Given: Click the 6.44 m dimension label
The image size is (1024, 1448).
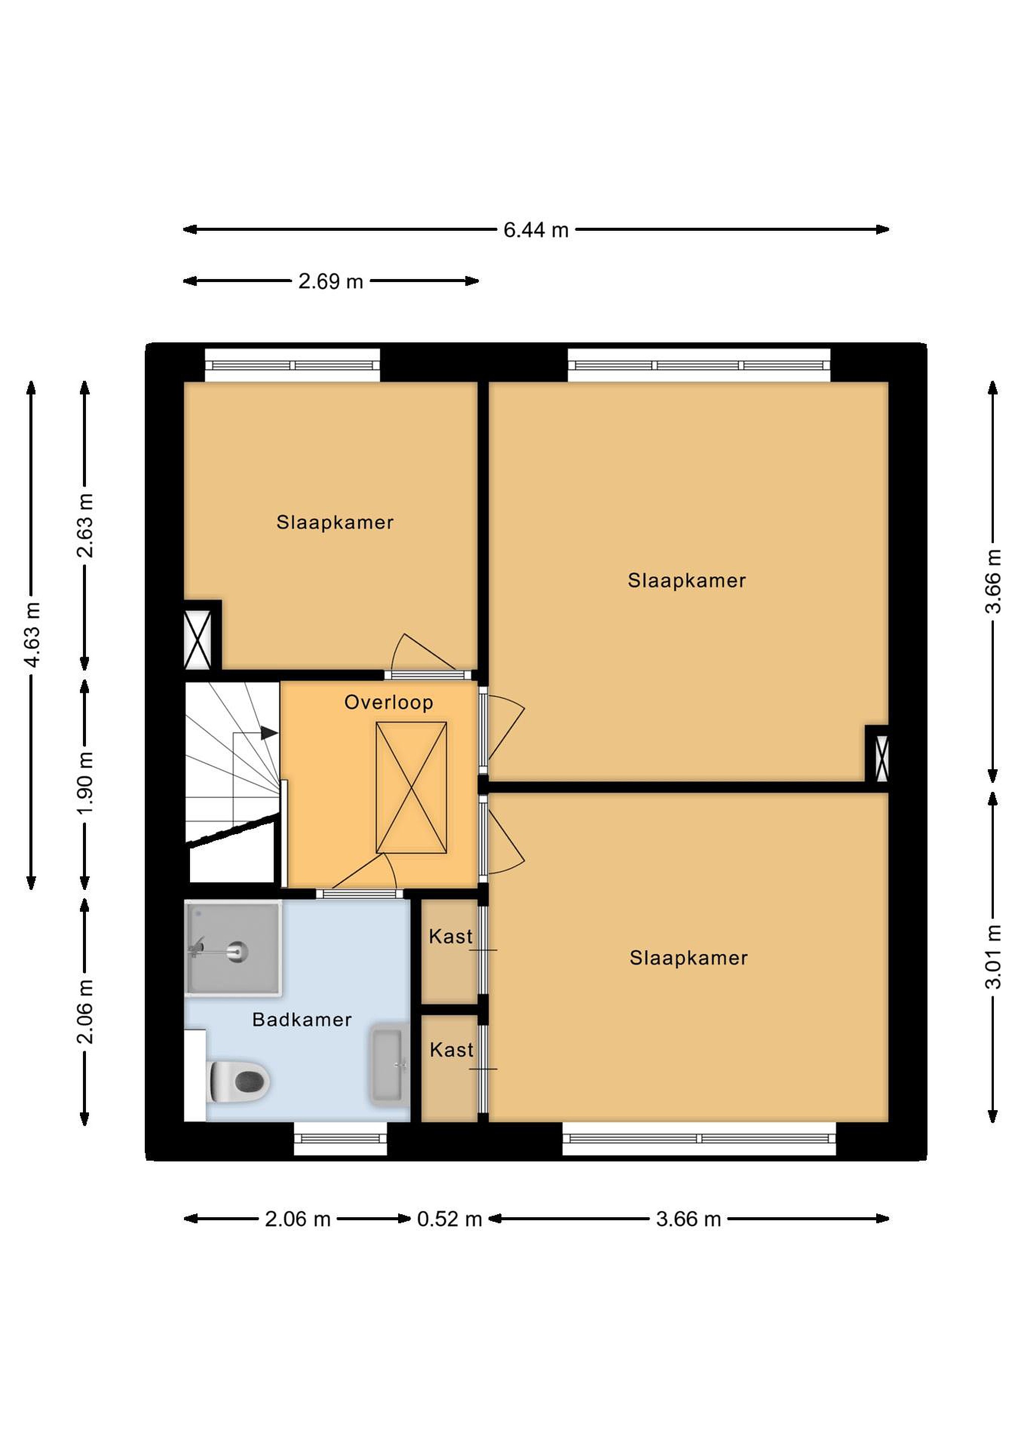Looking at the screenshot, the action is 536,230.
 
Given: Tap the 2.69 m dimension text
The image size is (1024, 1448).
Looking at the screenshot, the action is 331,281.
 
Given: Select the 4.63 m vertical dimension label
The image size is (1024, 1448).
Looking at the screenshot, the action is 32,635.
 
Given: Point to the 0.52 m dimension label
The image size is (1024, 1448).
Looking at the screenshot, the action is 449,1219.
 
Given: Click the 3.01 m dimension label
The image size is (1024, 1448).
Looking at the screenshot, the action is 993,957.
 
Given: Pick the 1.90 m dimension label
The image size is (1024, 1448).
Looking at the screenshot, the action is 84,783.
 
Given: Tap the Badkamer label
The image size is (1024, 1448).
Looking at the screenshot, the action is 302,1020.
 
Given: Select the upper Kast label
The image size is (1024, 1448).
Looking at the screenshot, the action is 450,937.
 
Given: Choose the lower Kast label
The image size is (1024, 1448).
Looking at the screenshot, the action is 451,1050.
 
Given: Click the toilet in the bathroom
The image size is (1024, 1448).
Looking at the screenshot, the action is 238,1081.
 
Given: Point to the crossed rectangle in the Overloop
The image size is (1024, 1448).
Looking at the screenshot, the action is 411,788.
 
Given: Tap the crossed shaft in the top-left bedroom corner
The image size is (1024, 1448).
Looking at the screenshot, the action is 198,640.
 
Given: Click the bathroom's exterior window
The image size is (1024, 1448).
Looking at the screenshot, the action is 340,1138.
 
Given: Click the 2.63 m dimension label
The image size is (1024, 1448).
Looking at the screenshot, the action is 84,526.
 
